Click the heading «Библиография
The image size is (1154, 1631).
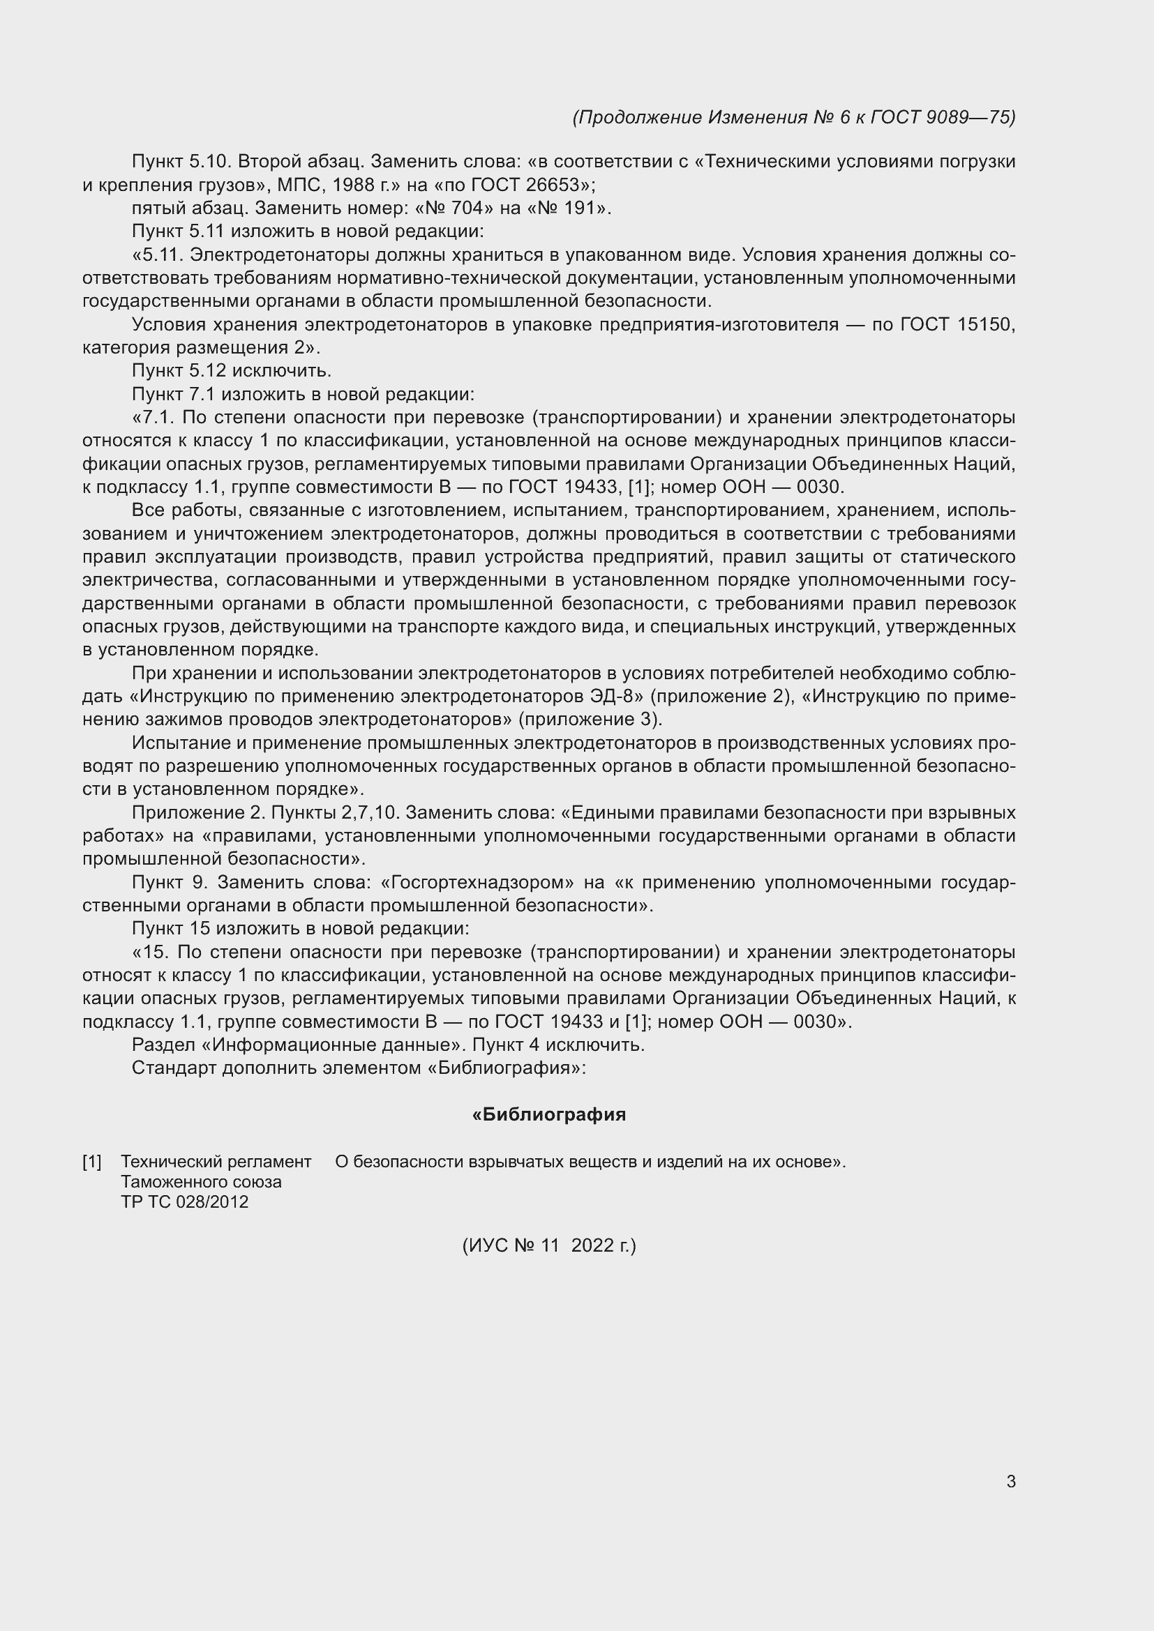click(548, 1114)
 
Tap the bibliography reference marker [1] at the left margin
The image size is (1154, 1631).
click(91, 1162)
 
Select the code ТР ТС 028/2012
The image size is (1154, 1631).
click(185, 1202)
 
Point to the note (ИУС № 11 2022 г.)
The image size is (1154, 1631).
click(548, 1245)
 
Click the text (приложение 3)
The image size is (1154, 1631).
click(590, 719)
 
